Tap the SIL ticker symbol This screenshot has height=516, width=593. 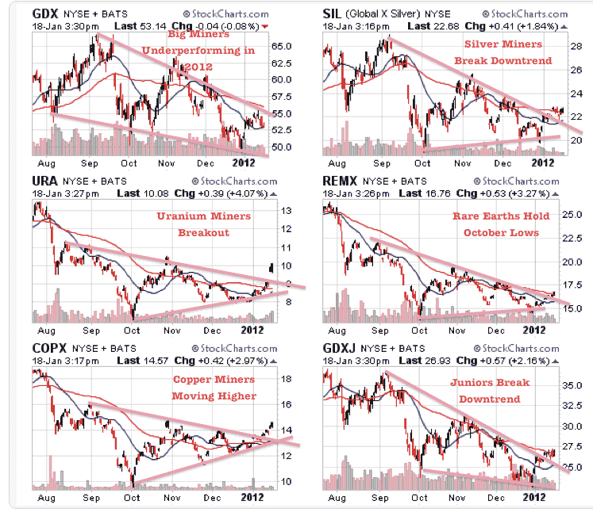point(332,13)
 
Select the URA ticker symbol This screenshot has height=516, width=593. point(44,181)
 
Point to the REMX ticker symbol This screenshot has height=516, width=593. point(340,181)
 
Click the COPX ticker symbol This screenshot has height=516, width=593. point(49,348)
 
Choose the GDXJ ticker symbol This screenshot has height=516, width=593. point(339,348)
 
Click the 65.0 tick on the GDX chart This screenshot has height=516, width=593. point(281,46)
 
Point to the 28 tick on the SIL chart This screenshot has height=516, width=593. point(576,46)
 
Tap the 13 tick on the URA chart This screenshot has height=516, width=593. point(287,211)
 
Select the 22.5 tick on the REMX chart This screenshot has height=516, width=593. point(572,238)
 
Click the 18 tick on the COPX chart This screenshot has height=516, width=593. point(287,379)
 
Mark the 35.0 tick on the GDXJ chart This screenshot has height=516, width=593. point(572,385)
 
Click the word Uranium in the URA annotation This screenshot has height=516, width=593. point(182,216)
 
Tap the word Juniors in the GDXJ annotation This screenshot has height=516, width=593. point(470,383)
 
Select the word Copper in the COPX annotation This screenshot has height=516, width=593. point(191,379)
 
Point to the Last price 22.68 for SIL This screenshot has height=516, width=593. point(447,26)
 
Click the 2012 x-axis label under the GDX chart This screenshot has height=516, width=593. point(243,162)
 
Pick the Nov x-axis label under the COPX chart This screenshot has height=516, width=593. point(172,498)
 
